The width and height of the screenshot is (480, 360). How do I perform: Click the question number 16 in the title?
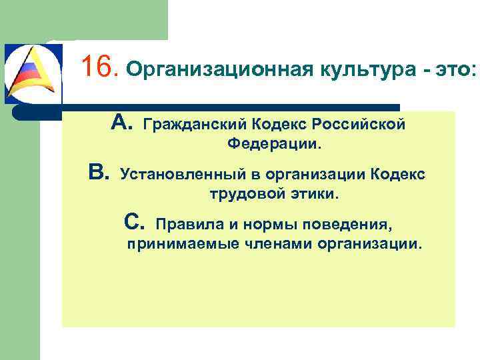click(x=98, y=67)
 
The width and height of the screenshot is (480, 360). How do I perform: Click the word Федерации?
click(x=274, y=143)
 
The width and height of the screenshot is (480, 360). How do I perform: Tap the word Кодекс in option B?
click(x=396, y=175)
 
